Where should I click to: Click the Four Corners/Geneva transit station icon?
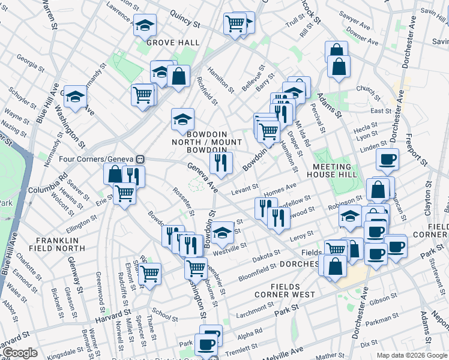[140, 159]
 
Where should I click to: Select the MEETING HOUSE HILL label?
[332, 170]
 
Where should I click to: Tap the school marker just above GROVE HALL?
[144, 26]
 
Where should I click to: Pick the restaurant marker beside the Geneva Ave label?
[221, 162]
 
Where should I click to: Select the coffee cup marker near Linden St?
[387, 160]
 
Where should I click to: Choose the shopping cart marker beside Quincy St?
[235, 24]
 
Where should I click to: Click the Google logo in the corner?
[20, 353]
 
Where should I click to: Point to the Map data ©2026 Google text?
[412, 355]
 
